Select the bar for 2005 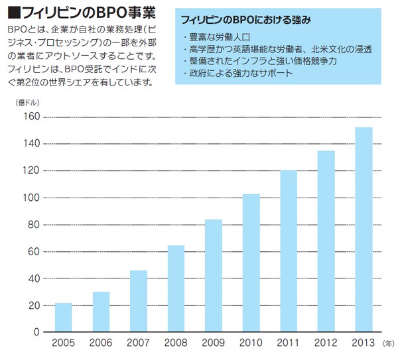pyautogui.click(x=63, y=317)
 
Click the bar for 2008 pyautogui.click(x=176, y=288)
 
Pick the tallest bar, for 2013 pyautogui.click(x=364, y=229)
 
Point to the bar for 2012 pyautogui.click(x=326, y=241)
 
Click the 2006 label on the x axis pyautogui.click(x=101, y=343)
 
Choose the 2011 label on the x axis pyautogui.click(x=288, y=343)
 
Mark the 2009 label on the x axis pyautogui.click(x=213, y=343)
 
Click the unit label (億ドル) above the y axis pyautogui.click(x=26, y=102)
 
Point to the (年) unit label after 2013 pyautogui.click(x=389, y=344)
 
